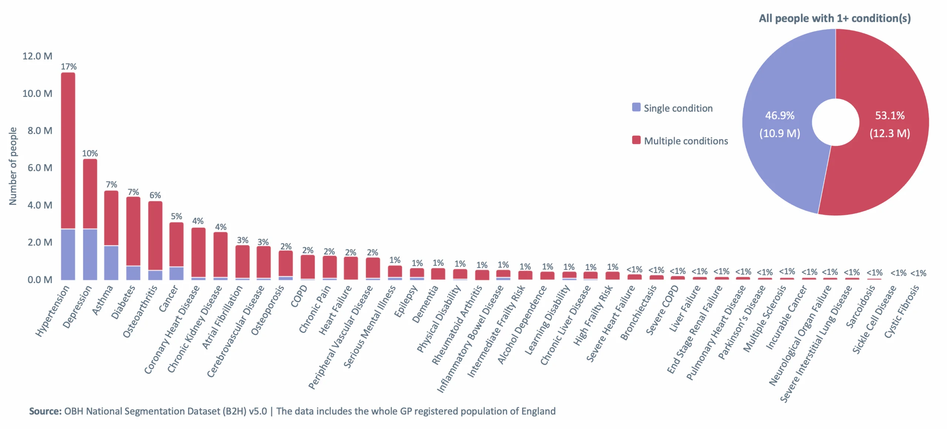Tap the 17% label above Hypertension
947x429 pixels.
69,67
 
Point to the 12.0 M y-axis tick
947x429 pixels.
37,56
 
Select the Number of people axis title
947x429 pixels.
13,166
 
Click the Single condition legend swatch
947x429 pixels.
636,108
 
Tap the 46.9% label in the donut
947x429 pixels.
779,115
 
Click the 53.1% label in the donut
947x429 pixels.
889,115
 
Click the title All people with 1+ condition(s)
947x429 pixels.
835,18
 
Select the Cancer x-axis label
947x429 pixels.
169,299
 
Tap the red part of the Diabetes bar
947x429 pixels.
133,231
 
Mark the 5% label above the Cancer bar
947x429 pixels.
176,216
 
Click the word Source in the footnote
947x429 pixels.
45,411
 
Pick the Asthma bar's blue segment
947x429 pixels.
111,262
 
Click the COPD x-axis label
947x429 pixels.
299,296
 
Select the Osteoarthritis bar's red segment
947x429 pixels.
155,235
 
